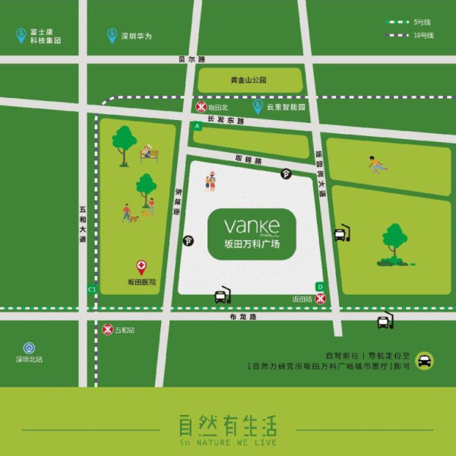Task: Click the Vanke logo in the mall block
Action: pyautogui.click(x=252, y=226)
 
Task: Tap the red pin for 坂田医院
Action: pyautogui.click(x=141, y=267)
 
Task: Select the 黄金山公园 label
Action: pyautogui.click(x=249, y=79)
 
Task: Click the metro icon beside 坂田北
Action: pyautogui.click(x=201, y=107)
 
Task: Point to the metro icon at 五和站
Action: pyautogui.click(x=107, y=329)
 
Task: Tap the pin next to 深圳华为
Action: pyautogui.click(x=112, y=35)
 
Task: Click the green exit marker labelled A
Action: pyautogui.click(x=197, y=125)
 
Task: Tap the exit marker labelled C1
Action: pyautogui.click(x=92, y=289)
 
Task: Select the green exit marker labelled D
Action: pyautogui.click(x=320, y=287)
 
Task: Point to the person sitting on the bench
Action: pyautogui.click(x=147, y=152)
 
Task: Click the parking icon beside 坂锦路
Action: pyautogui.click(x=286, y=173)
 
